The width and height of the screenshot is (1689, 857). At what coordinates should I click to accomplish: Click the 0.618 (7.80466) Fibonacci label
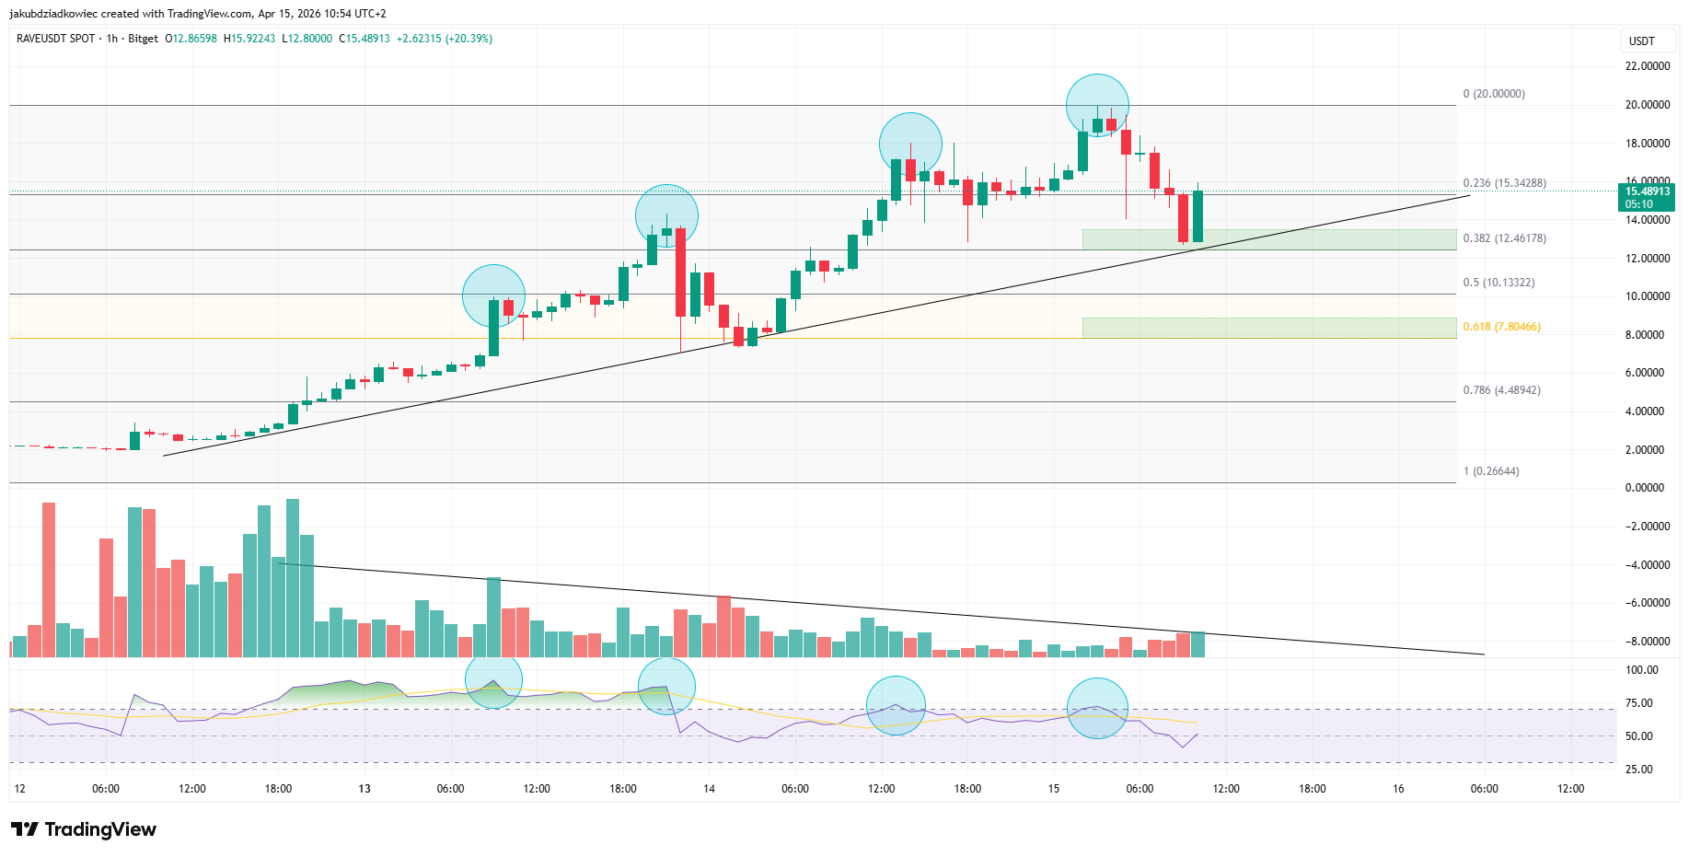(x=1501, y=327)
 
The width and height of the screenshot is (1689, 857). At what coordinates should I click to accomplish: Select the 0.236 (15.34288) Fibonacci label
(x=1504, y=183)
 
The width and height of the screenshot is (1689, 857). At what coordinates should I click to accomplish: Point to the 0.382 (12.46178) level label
(x=1504, y=238)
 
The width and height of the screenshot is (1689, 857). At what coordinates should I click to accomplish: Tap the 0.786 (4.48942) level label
(x=1501, y=390)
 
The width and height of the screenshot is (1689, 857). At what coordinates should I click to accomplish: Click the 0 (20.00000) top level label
(x=1493, y=94)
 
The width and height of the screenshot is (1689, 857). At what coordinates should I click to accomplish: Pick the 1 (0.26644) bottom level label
(x=1491, y=471)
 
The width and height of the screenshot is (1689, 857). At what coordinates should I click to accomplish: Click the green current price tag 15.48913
(x=1646, y=197)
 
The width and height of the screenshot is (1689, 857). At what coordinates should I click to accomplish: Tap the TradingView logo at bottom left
(x=84, y=829)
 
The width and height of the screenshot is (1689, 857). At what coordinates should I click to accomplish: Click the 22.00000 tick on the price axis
(x=1647, y=66)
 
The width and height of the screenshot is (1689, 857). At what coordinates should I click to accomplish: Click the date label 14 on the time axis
(x=709, y=789)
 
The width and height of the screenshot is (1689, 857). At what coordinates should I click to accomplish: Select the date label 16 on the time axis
(x=1398, y=789)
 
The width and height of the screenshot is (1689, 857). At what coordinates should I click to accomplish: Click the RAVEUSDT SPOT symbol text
(x=55, y=39)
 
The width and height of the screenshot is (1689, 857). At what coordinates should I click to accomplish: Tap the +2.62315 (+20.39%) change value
(x=444, y=39)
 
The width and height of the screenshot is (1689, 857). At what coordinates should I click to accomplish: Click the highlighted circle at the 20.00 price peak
(x=1097, y=105)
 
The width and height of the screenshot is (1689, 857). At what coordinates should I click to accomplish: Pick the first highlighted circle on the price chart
(x=493, y=295)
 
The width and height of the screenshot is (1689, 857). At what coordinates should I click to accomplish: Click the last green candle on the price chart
(x=1197, y=216)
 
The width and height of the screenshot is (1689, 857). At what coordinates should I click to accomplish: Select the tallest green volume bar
(x=293, y=577)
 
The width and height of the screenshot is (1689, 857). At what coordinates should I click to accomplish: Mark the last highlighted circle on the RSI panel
(x=1097, y=708)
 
